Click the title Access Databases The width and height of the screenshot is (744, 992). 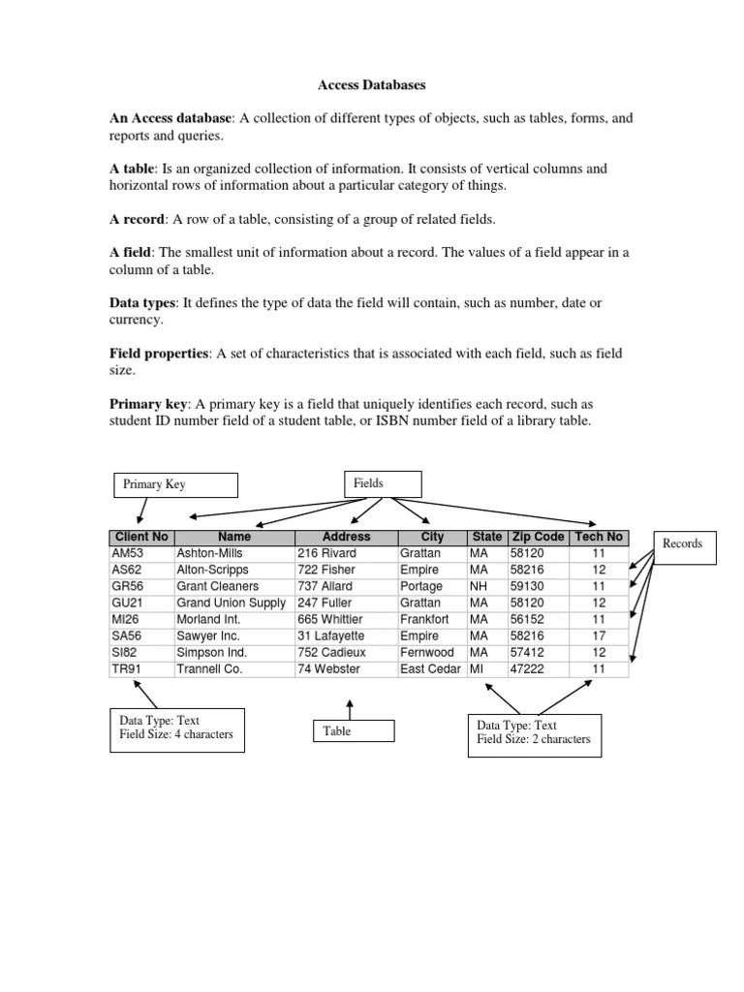[x=372, y=85]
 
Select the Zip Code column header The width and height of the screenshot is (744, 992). [x=537, y=537]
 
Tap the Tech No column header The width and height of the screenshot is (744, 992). [x=599, y=537]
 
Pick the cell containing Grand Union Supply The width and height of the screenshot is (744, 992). [x=231, y=603]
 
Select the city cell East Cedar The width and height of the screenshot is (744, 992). [x=430, y=668]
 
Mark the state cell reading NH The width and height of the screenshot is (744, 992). [x=479, y=586]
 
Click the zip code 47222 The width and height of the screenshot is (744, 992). [x=527, y=668]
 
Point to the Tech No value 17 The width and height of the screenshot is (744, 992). [x=599, y=635]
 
